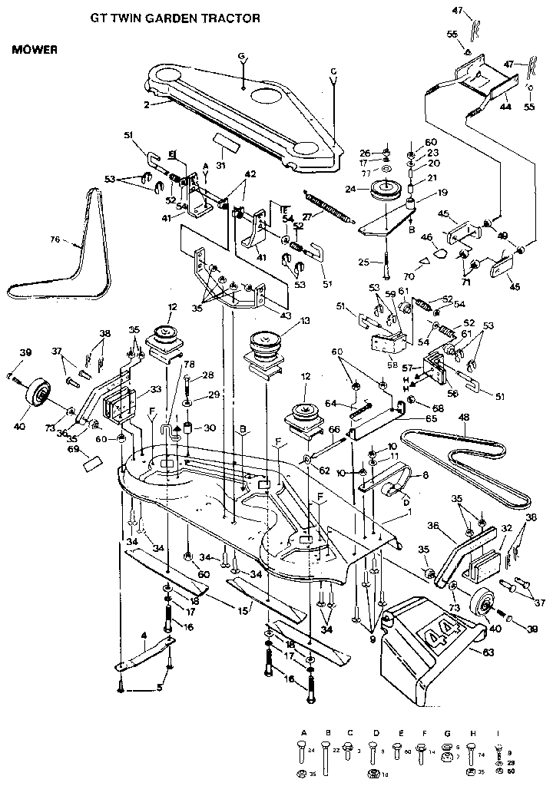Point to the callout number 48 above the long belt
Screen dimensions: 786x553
pyautogui.click(x=463, y=418)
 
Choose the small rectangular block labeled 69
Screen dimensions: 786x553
pyautogui.click(x=93, y=464)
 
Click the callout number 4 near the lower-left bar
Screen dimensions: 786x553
pyautogui.click(x=143, y=636)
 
